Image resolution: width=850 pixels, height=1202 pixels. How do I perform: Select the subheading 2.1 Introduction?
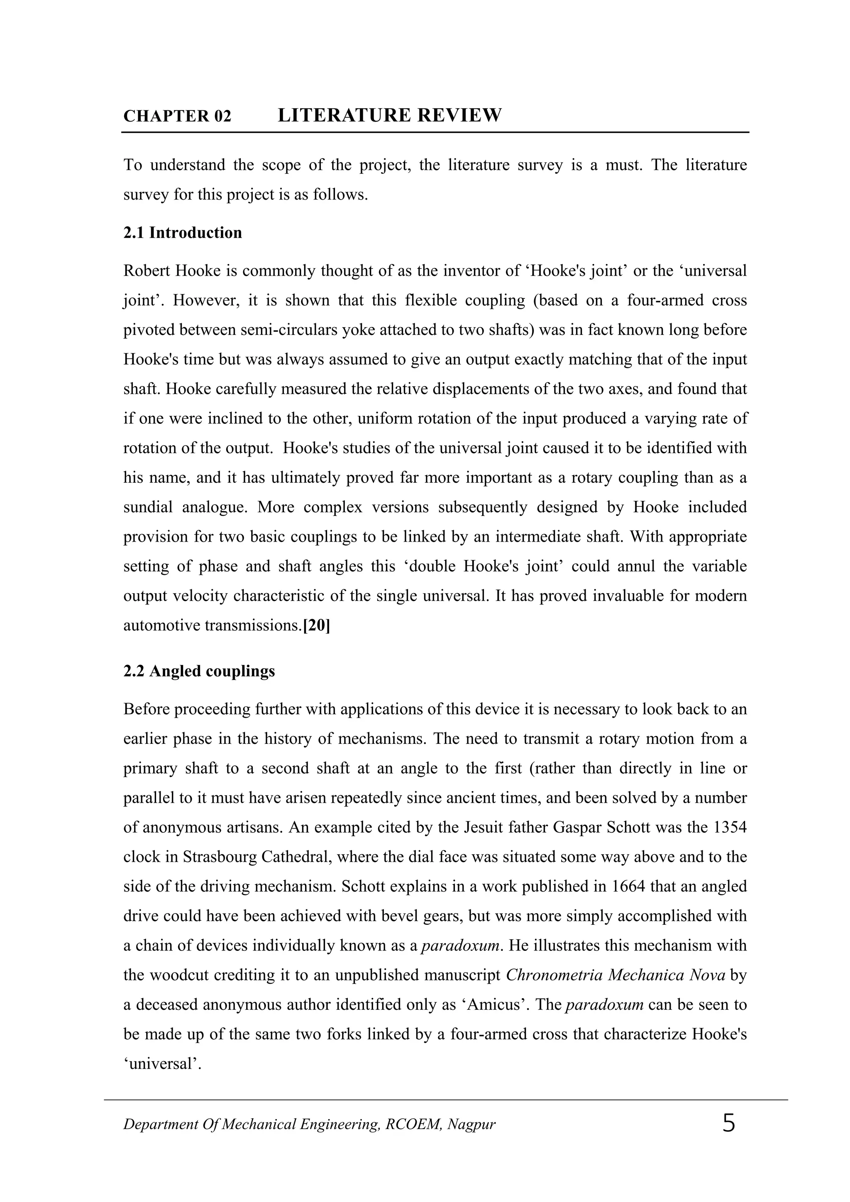click(x=183, y=232)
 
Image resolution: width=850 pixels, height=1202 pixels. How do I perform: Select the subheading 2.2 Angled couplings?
click(x=199, y=671)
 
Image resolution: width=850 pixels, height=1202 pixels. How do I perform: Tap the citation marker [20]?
click(x=317, y=625)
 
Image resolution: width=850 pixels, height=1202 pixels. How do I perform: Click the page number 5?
click(x=728, y=1124)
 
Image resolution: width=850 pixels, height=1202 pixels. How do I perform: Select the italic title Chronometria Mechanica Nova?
click(x=616, y=975)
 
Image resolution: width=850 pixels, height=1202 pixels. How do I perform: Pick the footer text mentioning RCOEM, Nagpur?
click(x=309, y=1124)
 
